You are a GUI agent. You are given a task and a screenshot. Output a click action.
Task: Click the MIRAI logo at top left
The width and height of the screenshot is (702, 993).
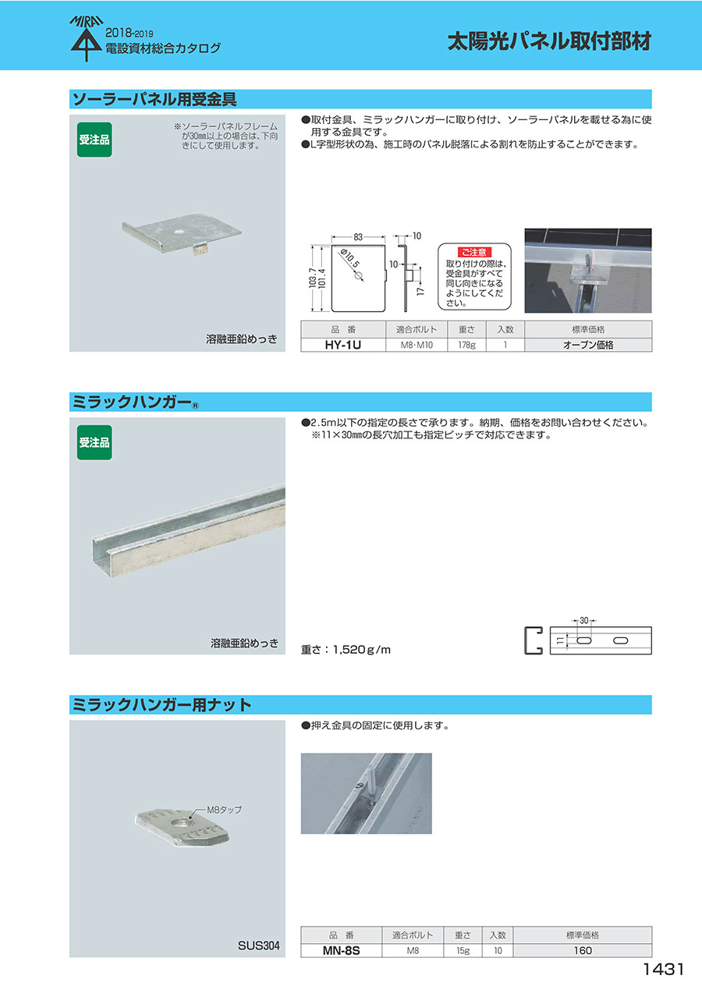[87, 38]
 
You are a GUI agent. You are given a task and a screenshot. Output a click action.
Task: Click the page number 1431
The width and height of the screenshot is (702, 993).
[664, 970]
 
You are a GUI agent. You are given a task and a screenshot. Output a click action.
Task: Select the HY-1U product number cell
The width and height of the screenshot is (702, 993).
[343, 345]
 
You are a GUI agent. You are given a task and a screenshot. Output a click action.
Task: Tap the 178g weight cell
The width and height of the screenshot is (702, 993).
[466, 345]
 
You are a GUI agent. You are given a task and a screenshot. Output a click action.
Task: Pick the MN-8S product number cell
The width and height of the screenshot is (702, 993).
[342, 951]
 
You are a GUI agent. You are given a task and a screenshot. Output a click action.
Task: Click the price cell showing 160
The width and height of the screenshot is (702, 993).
[583, 951]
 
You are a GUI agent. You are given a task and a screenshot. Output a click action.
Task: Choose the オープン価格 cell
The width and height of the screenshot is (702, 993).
[588, 345]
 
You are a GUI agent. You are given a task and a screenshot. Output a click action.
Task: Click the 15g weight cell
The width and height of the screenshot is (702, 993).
[463, 951]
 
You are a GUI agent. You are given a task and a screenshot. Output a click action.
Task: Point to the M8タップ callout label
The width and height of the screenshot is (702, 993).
[225, 810]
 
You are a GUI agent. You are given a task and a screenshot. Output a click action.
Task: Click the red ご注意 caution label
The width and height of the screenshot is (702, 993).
[474, 252]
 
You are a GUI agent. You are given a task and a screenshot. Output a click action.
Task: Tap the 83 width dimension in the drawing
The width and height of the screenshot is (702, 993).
[358, 237]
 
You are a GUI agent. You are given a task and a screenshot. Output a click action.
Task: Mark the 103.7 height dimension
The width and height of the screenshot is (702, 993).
[313, 278]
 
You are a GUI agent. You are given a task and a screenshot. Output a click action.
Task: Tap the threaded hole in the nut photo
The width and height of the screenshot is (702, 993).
[183, 823]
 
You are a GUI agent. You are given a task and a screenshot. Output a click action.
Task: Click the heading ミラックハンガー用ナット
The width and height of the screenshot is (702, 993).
[161, 704]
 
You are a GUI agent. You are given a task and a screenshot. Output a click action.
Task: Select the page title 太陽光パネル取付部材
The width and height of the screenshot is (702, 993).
[549, 41]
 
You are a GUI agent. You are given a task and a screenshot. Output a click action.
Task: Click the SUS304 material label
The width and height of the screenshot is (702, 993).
[259, 945]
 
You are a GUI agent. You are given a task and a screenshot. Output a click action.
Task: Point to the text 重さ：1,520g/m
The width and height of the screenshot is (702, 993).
[346, 650]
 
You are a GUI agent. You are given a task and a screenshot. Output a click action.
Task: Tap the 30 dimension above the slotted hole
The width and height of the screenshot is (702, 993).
[584, 621]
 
